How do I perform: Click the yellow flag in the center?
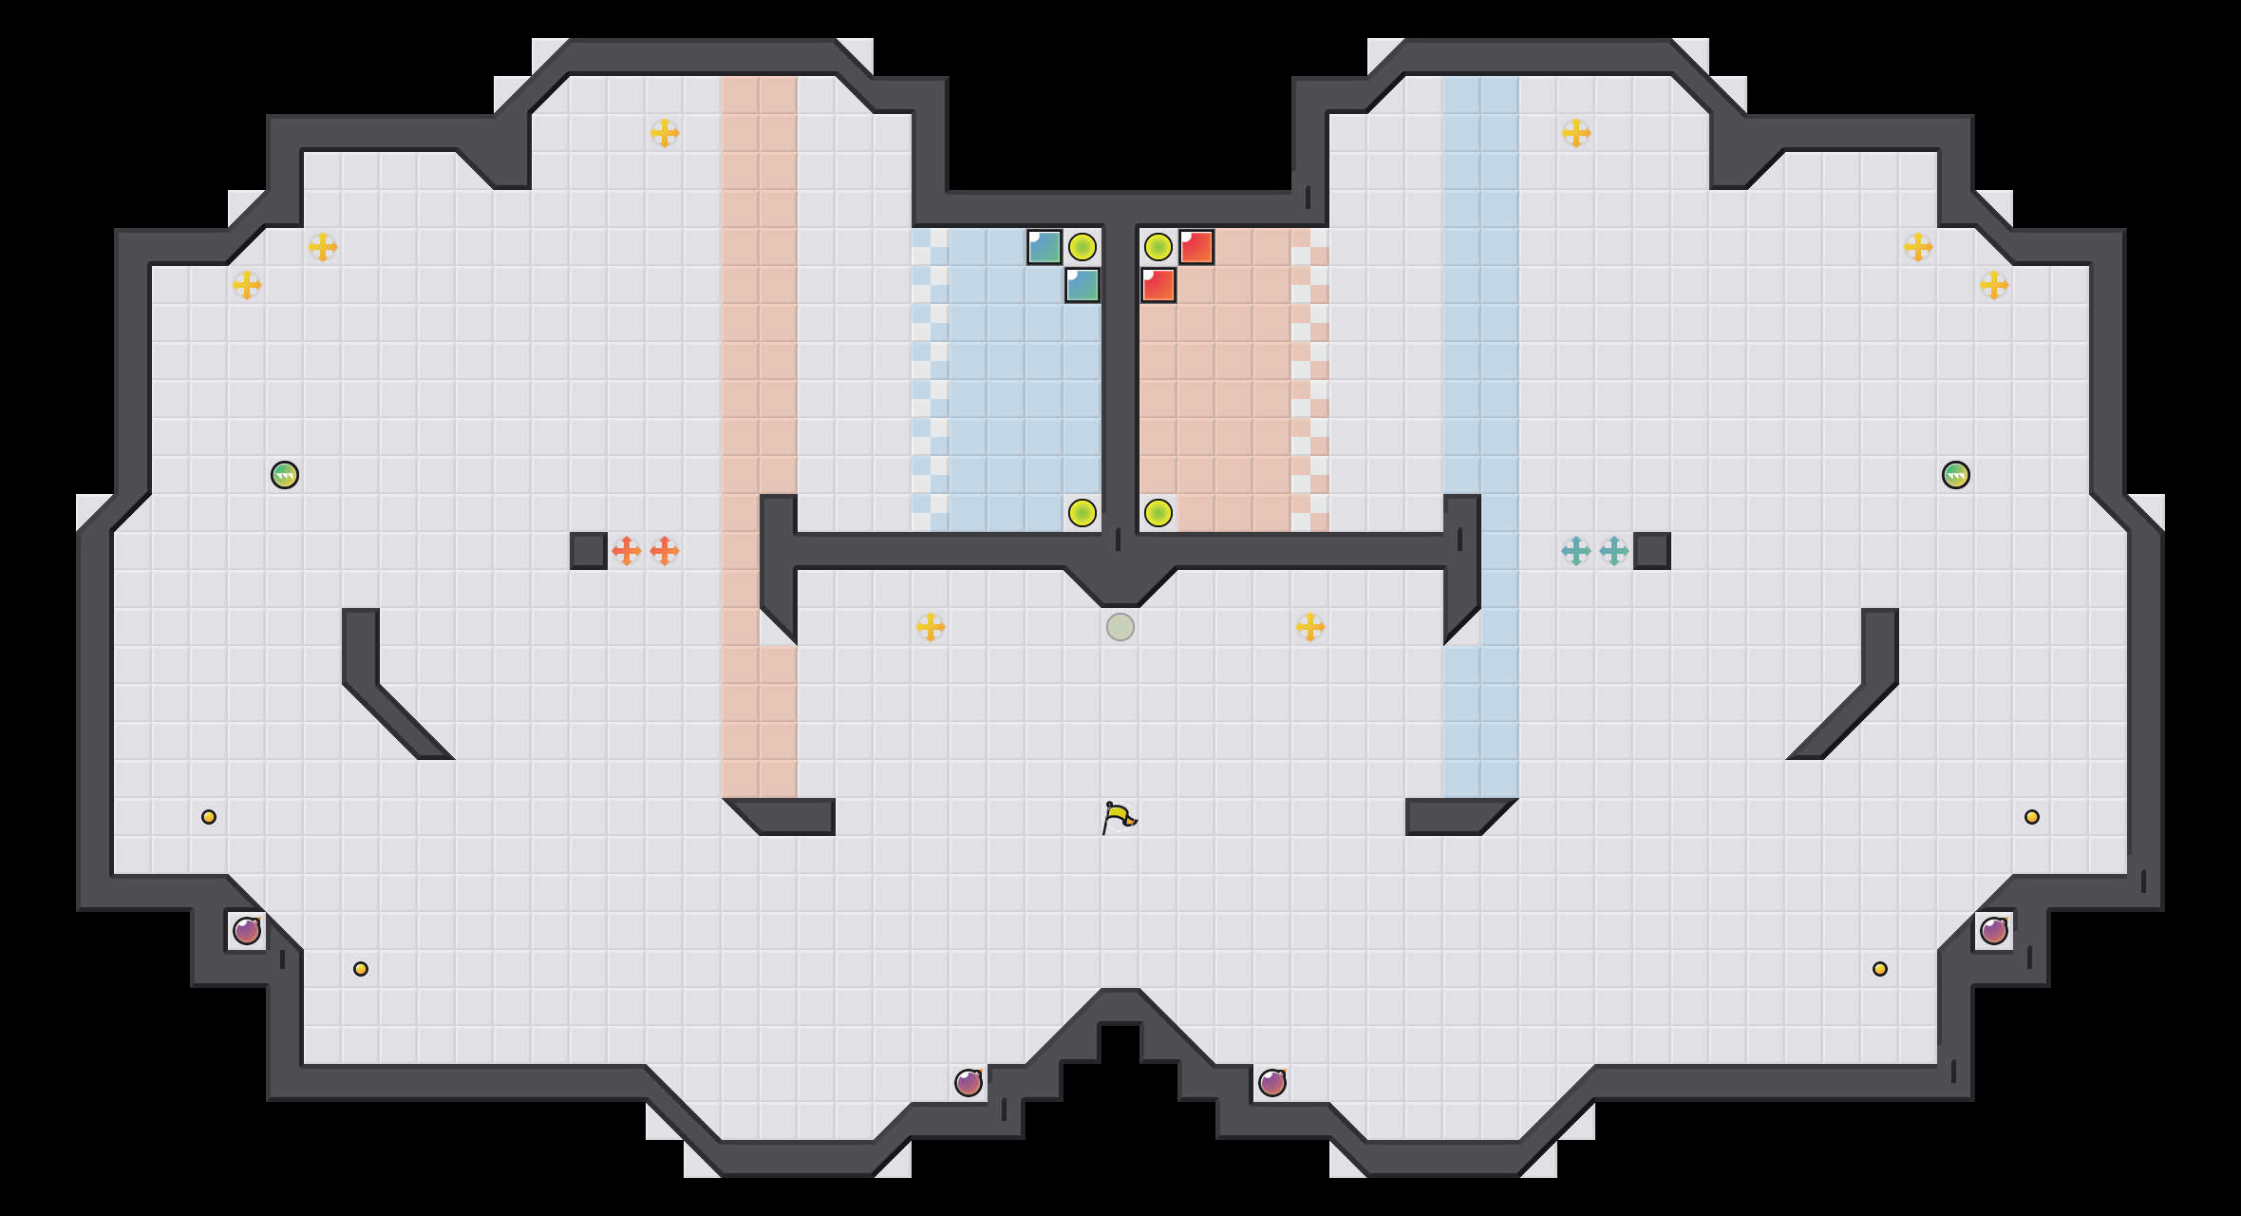(x=1119, y=817)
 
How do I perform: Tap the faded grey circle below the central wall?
(x=1120, y=627)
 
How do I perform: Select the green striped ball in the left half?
(x=285, y=475)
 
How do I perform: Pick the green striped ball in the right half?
(x=1956, y=475)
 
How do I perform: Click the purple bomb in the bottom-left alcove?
(x=247, y=931)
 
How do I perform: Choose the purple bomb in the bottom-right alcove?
(x=1994, y=931)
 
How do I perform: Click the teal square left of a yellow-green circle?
(x=1045, y=247)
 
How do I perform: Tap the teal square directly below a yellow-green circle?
(x=1083, y=285)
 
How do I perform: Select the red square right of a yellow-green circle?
(x=1196, y=247)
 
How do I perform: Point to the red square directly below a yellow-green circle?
(x=1158, y=285)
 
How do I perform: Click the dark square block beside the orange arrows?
(x=589, y=551)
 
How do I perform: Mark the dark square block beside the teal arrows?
(x=1652, y=551)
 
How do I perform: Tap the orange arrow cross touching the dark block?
(x=627, y=551)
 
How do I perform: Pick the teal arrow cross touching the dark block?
(x=1614, y=551)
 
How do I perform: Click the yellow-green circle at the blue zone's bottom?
(x=1083, y=513)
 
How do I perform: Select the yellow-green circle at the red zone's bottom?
(x=1158, y=513)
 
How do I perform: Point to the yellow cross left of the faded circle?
(x=931, y=627)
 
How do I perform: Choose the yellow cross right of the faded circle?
(x=1310, y=627)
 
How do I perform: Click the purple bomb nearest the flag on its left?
(x=969, y=1083)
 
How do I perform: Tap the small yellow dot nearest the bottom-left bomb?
(x=361, y=969)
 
